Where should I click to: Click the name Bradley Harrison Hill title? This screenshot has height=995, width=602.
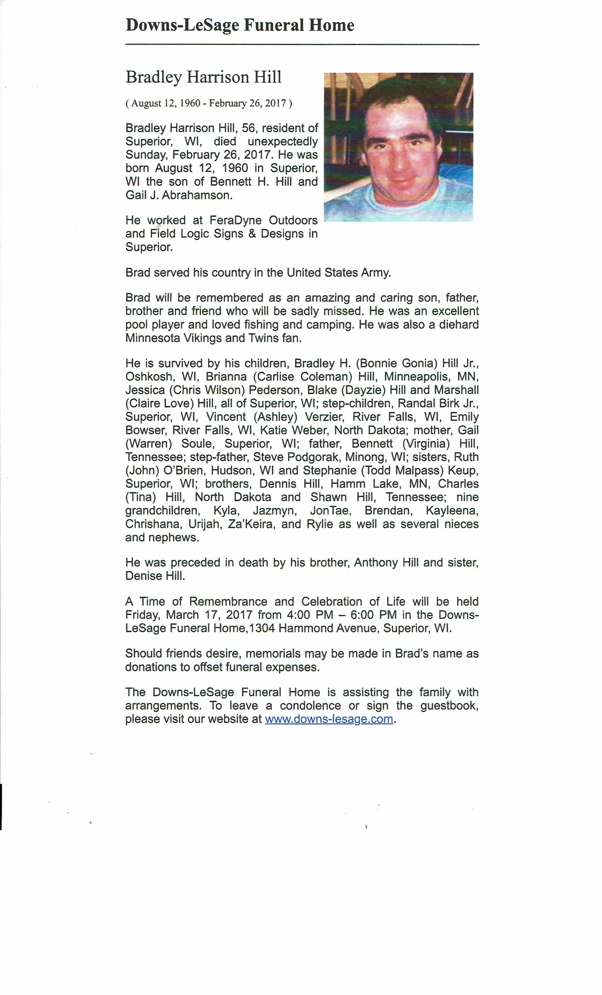click(x=203, y=77)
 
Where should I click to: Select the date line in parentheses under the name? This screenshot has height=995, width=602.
click(x=209, y=103)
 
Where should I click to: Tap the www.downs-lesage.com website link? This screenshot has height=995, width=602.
click(x=329, y=719)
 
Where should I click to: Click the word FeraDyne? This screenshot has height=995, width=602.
click(x=235, y=220)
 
